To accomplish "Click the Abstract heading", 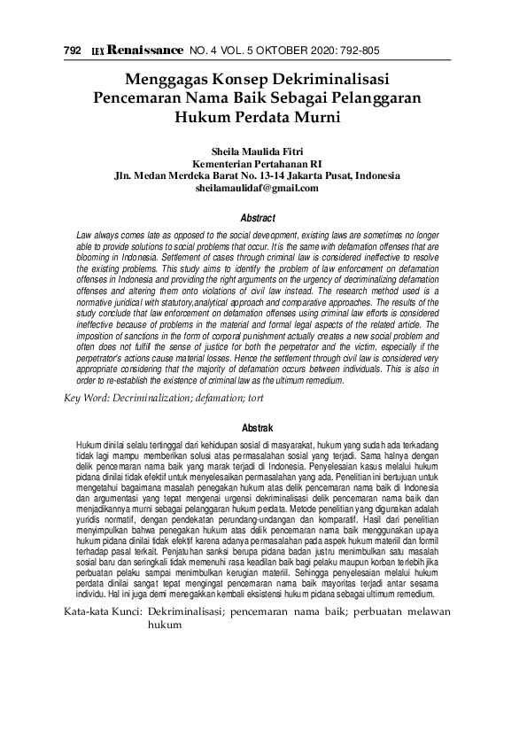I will [x=258, y=218].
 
